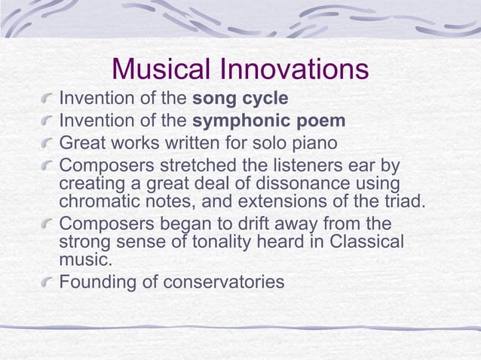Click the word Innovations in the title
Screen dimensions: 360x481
click(x=295, y=70)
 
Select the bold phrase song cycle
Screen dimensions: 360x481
click(x=241, y=99)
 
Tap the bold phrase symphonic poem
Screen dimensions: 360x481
click(x=269, y=121)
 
